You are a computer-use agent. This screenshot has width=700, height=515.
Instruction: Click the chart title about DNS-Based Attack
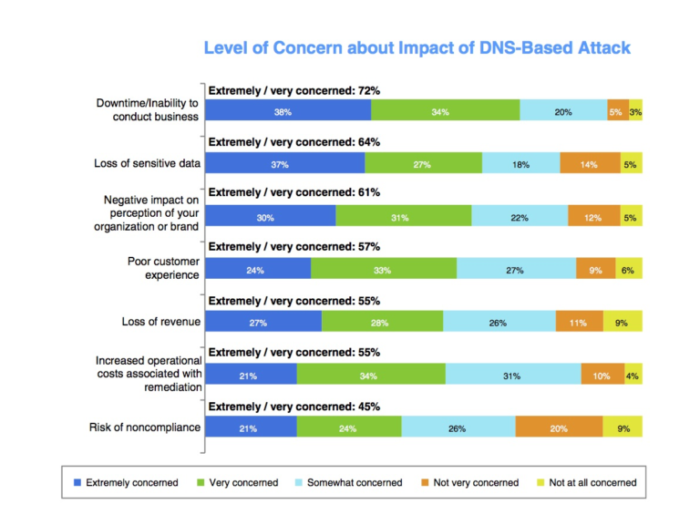[x=416, y=46]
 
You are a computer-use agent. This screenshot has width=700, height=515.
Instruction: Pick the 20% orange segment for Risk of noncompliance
[x=559, y=427]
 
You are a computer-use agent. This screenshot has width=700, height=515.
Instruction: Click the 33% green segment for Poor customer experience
[x=384, y=269]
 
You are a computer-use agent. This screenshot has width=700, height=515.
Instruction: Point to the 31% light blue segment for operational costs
[x=513, y=375]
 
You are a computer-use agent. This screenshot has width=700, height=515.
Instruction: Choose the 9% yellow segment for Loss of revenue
[x=623, y=322]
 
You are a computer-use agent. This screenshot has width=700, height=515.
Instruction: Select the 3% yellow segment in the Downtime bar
[x=635, y=111]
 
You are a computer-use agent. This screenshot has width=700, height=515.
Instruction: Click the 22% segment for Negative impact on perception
[x=520, y=217]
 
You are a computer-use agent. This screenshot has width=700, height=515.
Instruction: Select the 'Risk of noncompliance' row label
[x=144, y=427]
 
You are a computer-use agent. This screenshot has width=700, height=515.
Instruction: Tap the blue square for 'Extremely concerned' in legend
[x=77, y=482]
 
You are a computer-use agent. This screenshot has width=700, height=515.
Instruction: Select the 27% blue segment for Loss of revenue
[x=263, y=322]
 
